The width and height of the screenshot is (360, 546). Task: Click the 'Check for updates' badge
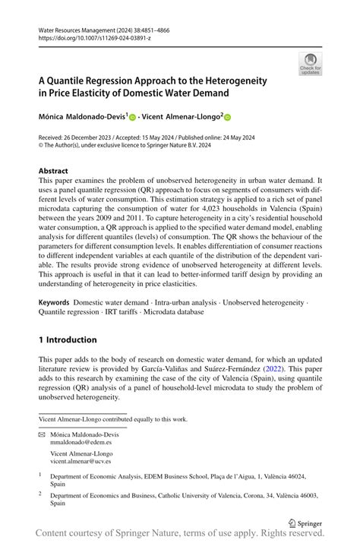(x=310, y=65)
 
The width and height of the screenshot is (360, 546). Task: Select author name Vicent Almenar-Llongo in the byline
(x=180, y=118)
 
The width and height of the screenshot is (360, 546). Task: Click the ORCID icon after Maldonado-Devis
(x=132, y=118)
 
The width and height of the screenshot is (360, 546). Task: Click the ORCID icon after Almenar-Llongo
(x=226, y=118)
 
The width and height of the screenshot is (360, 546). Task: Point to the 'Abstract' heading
(x=53, y=172)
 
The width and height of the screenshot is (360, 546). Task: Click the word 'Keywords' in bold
(x=54, y=301)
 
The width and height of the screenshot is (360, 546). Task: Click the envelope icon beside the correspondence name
(x=42, y=431)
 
